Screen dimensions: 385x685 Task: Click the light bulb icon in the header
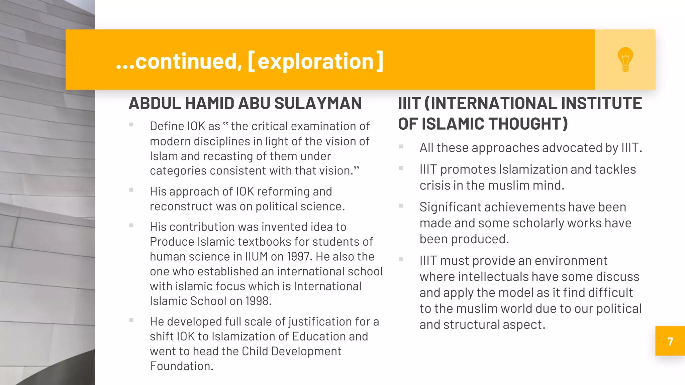coord(625,59)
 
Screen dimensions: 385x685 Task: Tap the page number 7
coord(670,342)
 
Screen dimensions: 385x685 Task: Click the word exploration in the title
coord(315,61)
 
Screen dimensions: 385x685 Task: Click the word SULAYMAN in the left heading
coord(318,103)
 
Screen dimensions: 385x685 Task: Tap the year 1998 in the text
coord(258,301)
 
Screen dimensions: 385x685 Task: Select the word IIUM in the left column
coord(256,257)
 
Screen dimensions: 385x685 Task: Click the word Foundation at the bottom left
coord(181,366)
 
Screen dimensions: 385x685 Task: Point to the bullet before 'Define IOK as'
coord(131,125)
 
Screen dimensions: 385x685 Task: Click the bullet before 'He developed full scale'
coord(131,320)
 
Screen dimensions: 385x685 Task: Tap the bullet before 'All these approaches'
coord(401,146)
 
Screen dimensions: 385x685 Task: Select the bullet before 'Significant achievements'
coord(401,206)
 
